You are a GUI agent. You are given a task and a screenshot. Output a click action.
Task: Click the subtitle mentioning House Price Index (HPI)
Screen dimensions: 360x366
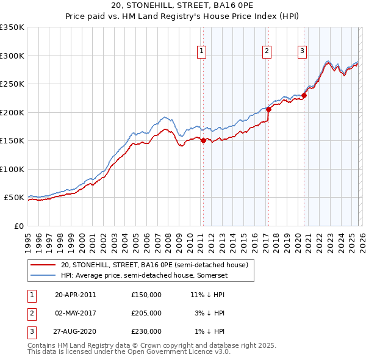point(182,17)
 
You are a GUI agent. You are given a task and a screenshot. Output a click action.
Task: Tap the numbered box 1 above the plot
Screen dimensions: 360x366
point(201,51)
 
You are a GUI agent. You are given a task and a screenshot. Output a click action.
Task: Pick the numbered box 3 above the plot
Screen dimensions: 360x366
point(302,51)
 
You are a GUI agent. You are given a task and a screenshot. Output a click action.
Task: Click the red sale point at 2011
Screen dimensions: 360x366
point(203,140)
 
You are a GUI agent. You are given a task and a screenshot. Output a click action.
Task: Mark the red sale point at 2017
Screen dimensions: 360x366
point(268,109)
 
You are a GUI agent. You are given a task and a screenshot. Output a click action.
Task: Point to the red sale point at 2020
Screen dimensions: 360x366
point(304,95)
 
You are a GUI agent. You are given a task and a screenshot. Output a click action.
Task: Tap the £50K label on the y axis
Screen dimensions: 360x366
point(13,198)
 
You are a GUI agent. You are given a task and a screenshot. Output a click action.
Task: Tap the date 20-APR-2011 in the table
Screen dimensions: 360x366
point(75,295)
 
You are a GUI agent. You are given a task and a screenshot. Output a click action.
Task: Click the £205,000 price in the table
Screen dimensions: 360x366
point(146,313)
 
